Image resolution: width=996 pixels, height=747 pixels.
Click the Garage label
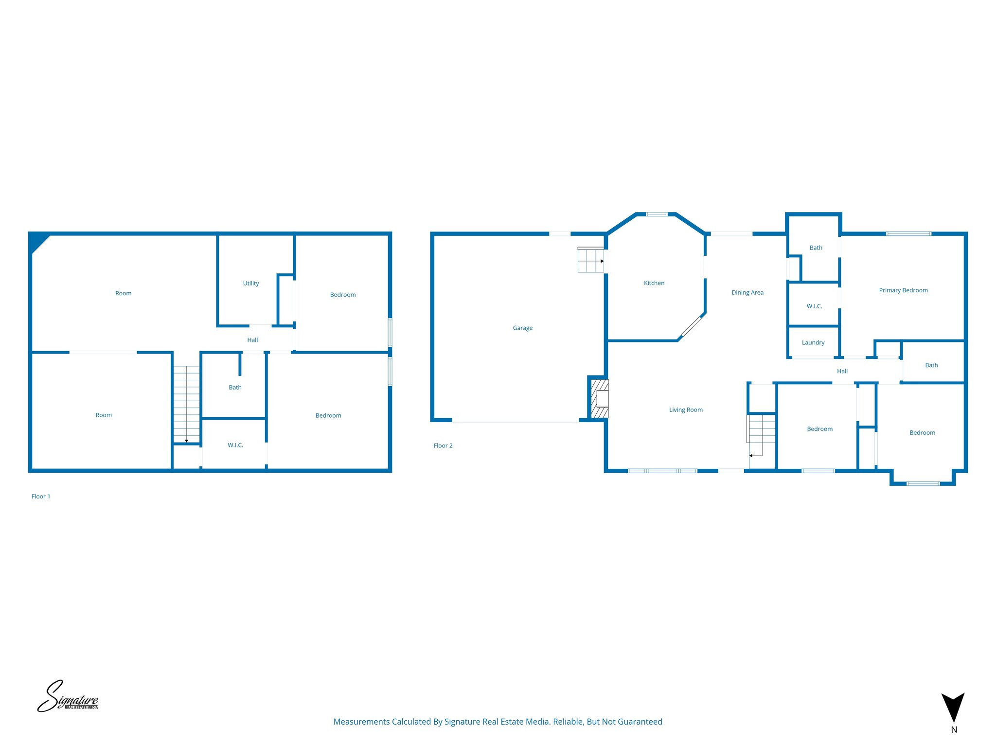pos(522,328)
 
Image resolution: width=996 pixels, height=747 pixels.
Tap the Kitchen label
pos(654,283)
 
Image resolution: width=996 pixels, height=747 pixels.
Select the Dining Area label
pos(747,292)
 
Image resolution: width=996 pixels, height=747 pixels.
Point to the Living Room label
pos(685,410)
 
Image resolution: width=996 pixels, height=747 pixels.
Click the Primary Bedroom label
pos(903,290)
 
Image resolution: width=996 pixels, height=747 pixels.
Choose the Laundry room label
pos(813,342)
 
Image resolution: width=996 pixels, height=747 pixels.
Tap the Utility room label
pos(250,283)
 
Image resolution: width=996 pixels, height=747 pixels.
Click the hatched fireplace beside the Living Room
pos(599,399)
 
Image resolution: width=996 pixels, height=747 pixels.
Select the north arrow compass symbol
pos(953,708)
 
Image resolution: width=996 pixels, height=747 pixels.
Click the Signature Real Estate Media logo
pos(68,697)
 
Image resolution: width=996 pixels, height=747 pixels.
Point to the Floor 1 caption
pos(41,497)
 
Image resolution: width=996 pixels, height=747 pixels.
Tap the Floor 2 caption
pos(443,445)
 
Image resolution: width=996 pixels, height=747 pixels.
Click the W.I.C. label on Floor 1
pos(235,445)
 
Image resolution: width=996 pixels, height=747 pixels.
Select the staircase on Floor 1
pos(186,404)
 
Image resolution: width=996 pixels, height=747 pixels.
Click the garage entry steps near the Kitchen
pos(590,260)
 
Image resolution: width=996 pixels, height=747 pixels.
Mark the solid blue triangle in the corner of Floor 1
pos(37,241)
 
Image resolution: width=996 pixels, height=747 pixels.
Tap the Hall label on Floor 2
pos(842,371)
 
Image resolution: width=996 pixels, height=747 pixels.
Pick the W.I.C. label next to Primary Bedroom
pos(814,306)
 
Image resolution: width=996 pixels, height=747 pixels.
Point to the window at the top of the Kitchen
pos(656,214)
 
